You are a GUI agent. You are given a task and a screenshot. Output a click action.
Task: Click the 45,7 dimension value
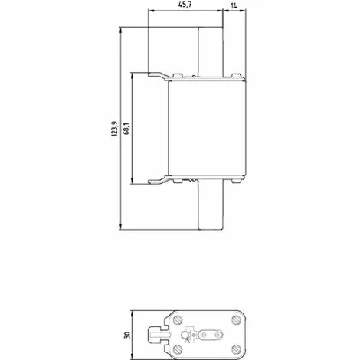click(x=185, y=5)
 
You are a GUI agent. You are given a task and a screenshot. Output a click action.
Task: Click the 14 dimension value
click(x=234, y=5)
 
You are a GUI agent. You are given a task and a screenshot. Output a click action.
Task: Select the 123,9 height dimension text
click(x=115, y=129)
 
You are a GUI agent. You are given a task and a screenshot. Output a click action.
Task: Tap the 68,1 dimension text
click(x=126, y=129)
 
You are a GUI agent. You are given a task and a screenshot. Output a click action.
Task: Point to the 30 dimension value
click(x=127, y=335)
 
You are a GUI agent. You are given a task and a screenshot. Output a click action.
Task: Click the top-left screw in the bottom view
click(x=178, y=319)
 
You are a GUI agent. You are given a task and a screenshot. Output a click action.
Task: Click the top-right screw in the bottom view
click(x=236, y=319)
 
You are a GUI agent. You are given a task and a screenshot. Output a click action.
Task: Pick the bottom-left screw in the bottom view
click(x=178, y=349)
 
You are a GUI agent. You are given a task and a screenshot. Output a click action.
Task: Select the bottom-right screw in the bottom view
click(x=236, y=349)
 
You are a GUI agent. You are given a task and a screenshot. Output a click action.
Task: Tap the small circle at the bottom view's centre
click(x=185, y=335)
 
